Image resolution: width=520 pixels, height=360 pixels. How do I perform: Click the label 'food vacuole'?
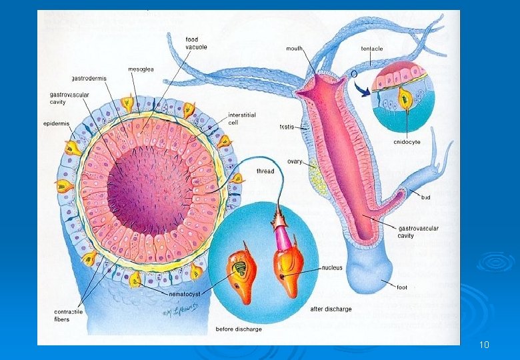pos(196,44)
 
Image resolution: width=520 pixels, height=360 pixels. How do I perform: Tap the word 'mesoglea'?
pos(141,69)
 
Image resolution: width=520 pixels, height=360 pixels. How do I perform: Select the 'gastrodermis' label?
pos(90,78)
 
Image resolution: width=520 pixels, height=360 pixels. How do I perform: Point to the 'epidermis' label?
pos(56,123)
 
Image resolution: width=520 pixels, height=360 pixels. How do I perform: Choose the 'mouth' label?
pos(295,49)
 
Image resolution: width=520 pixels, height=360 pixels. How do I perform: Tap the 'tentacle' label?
pos(372,49)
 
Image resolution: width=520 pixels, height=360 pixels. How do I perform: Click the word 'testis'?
pos(287,127)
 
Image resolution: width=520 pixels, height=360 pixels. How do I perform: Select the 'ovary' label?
pos(295,161)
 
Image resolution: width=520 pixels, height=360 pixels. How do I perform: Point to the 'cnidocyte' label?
pos(406,141)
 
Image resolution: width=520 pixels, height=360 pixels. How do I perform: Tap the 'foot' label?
pos(402,287)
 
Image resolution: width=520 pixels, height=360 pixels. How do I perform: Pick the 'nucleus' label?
pos(332,268)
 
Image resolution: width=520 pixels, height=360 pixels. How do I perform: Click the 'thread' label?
pos(265,171)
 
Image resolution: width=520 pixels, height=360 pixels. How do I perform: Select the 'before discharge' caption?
pos(238,329)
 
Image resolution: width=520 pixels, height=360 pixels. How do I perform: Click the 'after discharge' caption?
pos(331,309)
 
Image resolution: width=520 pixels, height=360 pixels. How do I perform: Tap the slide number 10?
pos(485,345)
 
